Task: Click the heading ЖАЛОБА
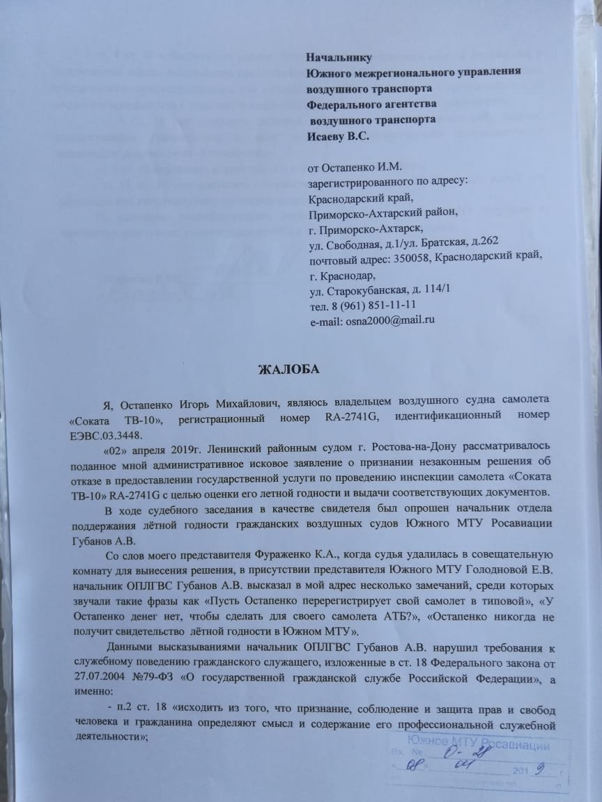(288, 369)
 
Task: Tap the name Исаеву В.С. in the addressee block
(338, 136)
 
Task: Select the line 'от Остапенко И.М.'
(355, 166)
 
